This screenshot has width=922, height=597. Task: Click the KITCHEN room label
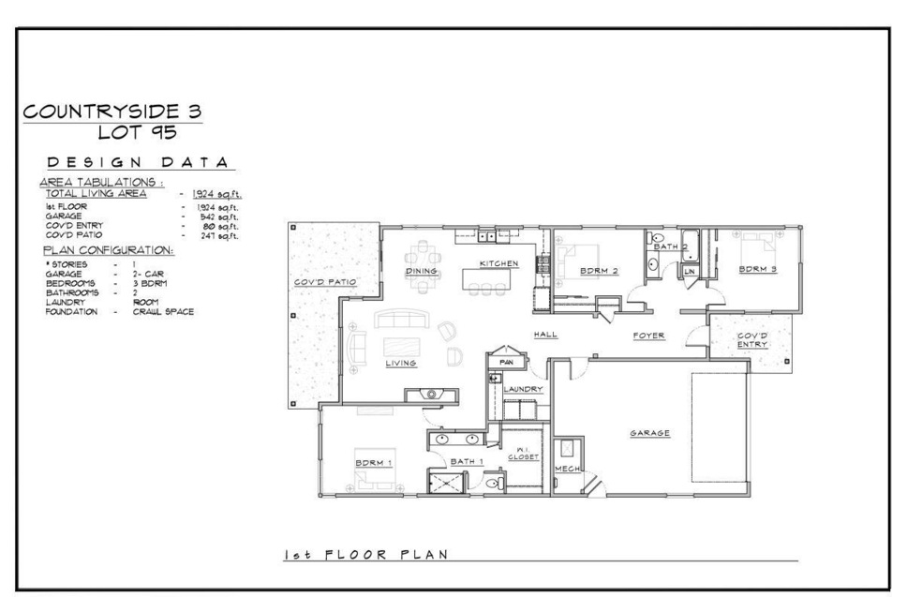(498, 263)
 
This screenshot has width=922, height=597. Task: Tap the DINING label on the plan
(422, 271)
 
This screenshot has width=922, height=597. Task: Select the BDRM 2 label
(601, 271)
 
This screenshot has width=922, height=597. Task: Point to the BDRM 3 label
(758, 269)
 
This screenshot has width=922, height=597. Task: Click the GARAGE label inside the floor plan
(648, 432)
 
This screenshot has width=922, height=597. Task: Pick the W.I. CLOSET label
(526, 453)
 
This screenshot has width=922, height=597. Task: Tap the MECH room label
(567, 468)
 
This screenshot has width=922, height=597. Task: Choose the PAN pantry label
(507, 361)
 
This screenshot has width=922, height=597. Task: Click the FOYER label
(647, 335)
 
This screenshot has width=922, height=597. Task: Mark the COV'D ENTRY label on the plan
(751, 339)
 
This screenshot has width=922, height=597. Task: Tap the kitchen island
(486, 278)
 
